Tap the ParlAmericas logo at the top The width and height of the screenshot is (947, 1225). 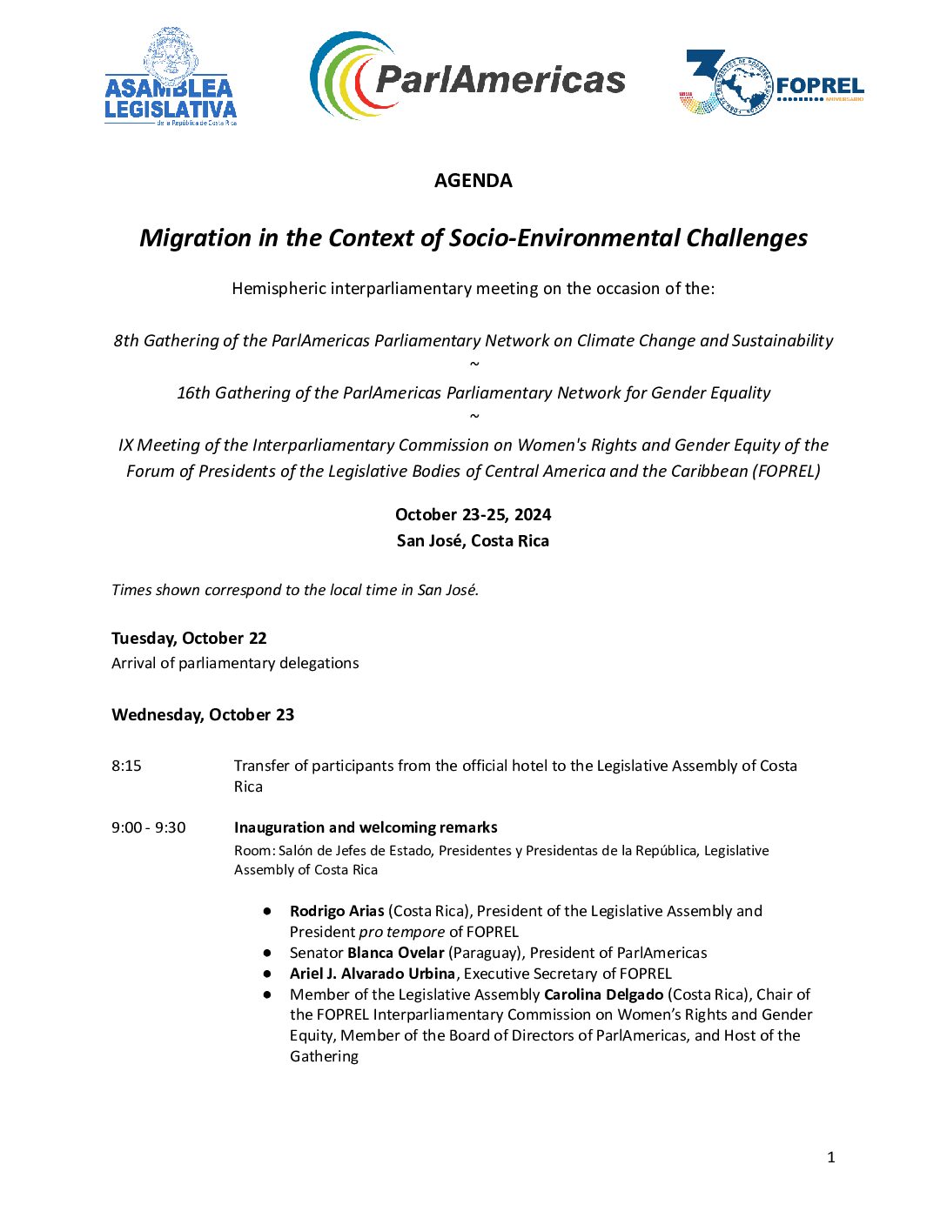pos(467,77)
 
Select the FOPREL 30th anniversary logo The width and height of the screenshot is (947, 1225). pos(770,84)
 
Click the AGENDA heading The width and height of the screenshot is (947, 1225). pos(473,181)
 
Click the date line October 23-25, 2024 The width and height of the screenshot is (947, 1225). pos(473,515)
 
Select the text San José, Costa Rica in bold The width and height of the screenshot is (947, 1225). pos(473,541)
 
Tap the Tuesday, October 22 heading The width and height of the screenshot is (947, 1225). pos(189,639)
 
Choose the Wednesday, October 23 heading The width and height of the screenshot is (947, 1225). pos(203,715)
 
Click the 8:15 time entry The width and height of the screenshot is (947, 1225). pos(126,766)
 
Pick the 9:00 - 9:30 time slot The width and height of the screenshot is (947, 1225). pos(148,828)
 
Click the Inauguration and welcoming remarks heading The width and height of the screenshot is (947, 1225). pos(366,828)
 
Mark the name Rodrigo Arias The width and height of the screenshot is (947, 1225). pos(337,912)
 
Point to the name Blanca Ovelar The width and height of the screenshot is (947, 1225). pos(395,954)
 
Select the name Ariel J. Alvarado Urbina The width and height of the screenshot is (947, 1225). pos(373,974)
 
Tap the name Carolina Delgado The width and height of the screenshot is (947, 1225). pos(603,994)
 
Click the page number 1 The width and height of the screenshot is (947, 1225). pos(831,1157)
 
